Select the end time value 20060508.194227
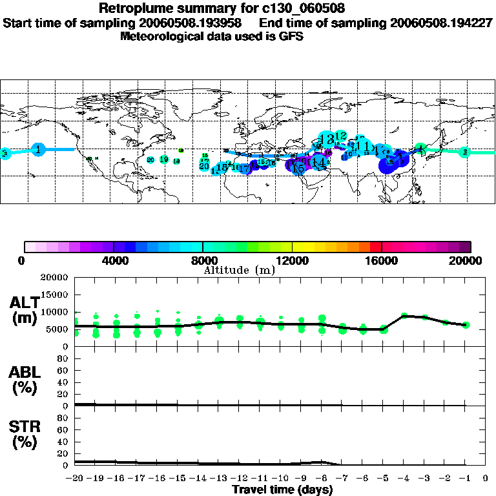442,23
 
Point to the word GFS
292,36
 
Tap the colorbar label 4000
114,261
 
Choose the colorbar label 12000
293,261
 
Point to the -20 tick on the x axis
75,479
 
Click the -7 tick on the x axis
342,479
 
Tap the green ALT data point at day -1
465,325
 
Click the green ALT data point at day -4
404,316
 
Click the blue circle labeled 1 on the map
39,149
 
